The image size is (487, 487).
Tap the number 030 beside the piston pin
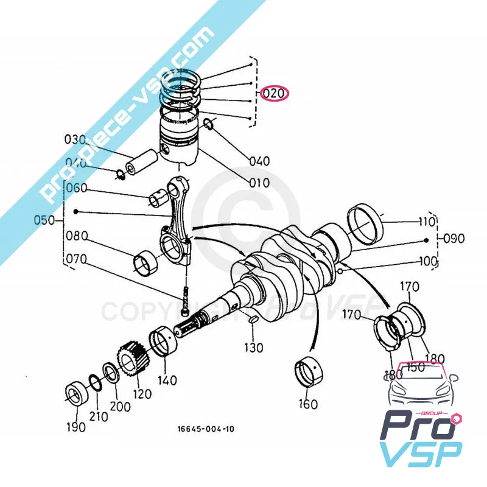pos(76,139)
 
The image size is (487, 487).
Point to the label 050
pos(44,220)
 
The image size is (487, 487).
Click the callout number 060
pos(77,188)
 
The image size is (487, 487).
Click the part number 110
pos(426,221)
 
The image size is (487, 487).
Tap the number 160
pos(307,404)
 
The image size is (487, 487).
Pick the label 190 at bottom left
pos(75,427)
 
